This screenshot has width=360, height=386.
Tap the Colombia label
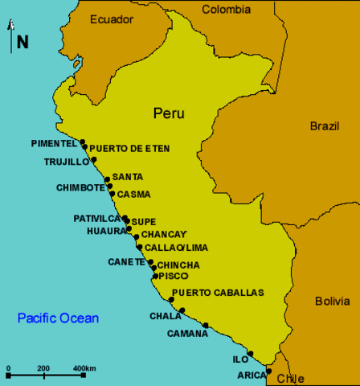click(x=226, y=10)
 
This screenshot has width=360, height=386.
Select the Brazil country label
click(x=325, y=125)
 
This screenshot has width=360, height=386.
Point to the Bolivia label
click(x=332, y=301)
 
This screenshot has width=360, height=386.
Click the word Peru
click(x=169, y=113)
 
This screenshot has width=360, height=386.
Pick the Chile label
click(x=290, y=378)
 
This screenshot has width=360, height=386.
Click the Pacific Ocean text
click(x=59, y=318)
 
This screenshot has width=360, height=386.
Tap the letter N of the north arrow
click(x=22, y=42)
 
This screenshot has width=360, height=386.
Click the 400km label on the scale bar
click(x=84, y=368)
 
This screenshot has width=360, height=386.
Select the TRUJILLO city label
click(x=66, y=162)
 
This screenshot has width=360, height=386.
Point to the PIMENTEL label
click(x=54, y=143)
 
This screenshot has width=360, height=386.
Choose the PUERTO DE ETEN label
click(x=129, y=149)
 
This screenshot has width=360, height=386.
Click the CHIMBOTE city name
click(x=80, y=187)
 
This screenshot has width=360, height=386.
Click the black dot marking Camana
click(x=206, y=326)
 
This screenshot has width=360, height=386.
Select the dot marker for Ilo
click(x=251, y=353)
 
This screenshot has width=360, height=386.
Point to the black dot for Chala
click(x=182, y=310)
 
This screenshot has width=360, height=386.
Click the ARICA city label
click(x=251, y=375)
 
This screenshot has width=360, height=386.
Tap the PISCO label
click(x=174, y=276)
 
